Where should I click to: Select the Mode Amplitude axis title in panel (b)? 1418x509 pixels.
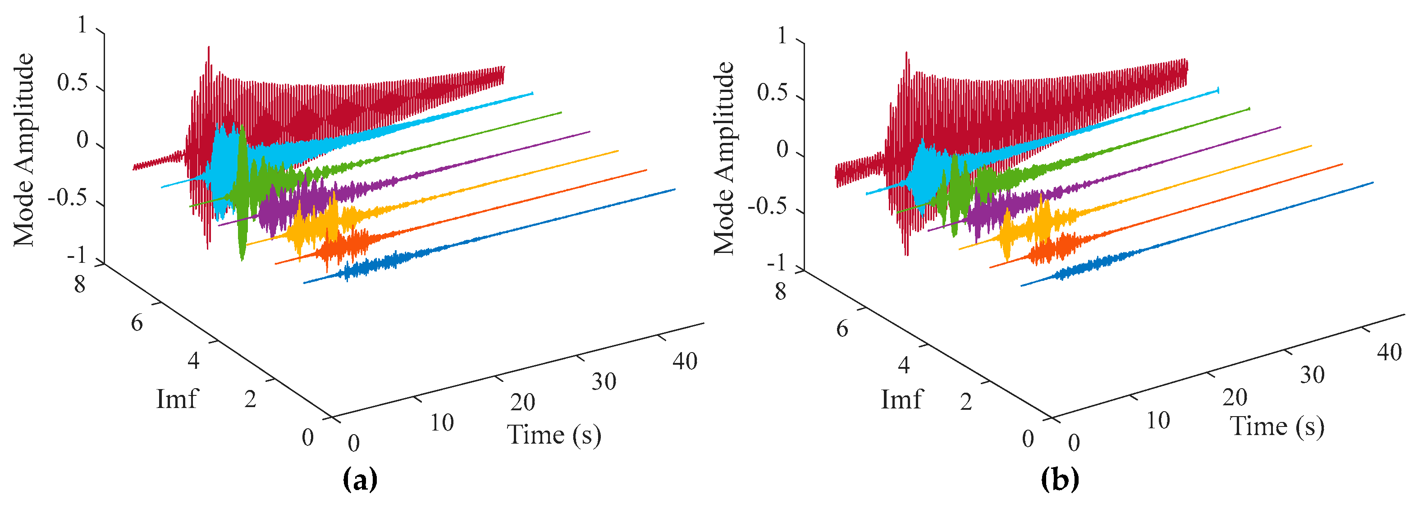click(724, 158)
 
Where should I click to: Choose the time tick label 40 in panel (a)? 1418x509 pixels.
click(685, 362)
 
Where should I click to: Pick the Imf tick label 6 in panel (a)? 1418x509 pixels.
click(137, 323)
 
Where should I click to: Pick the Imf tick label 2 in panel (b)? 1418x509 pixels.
click(966, 402)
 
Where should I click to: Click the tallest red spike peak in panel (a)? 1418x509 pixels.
click(209, 47)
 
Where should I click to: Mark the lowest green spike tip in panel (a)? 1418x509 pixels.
click(242, 259)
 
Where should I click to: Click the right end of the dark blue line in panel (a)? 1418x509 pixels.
click(674, 189)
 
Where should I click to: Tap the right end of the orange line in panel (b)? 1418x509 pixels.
click(1341, 164)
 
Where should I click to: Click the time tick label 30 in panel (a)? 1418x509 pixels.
click(604, 382)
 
